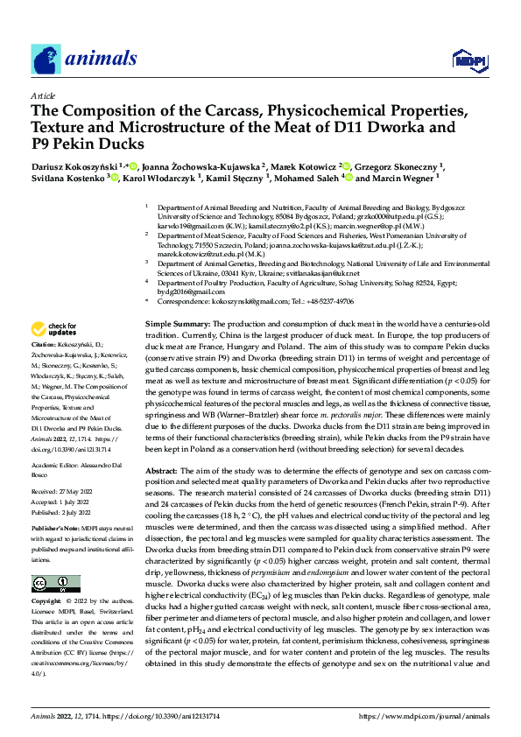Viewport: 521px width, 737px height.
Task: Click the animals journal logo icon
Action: pyautogui.click(x=45, y=60)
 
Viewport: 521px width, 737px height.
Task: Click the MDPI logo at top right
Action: pyautogui.click(x=464, y=60)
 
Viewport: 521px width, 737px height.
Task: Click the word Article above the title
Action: pyautogui.click(x=43, y=96)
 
